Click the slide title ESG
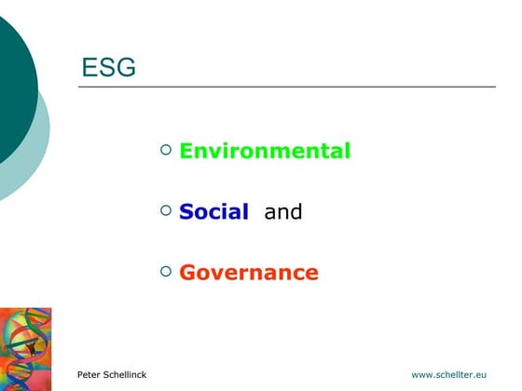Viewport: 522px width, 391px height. [x=109, y=68]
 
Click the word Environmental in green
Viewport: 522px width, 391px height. [x=265, y=151]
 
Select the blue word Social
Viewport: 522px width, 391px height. [x=213, y=212]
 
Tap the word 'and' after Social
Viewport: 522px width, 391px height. [x=283, y=212]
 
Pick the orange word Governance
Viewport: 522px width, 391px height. [x=249, y=273]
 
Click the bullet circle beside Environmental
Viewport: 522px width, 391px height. [x=166, y=149]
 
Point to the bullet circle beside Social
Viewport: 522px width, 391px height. [x=166, y=210]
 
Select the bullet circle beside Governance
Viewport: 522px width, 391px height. [x=166, y=271]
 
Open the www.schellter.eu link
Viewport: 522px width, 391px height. [x=449, y=374]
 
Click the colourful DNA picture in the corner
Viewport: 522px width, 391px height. [x=25, y=348]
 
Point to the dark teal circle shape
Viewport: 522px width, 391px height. [x=13, y=84]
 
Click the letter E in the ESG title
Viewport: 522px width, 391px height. [x=90, y=68]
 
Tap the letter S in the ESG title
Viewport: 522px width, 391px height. [x=107, y=68]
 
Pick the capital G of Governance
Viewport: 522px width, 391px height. [x=187, y=273]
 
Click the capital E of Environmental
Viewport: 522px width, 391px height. [x=185, y=151]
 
